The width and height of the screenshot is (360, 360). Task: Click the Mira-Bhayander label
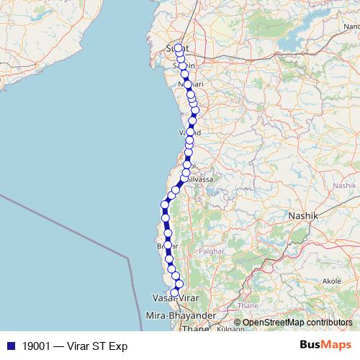pos(181,316)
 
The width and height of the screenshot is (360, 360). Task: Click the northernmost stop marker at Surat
pos(178,48)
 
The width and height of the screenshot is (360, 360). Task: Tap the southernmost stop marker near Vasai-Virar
pos(174,292)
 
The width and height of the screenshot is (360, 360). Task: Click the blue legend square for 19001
pos(9,345)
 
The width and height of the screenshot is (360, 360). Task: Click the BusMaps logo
pos(325,344)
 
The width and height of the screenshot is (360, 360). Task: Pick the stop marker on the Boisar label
pos(168,246)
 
